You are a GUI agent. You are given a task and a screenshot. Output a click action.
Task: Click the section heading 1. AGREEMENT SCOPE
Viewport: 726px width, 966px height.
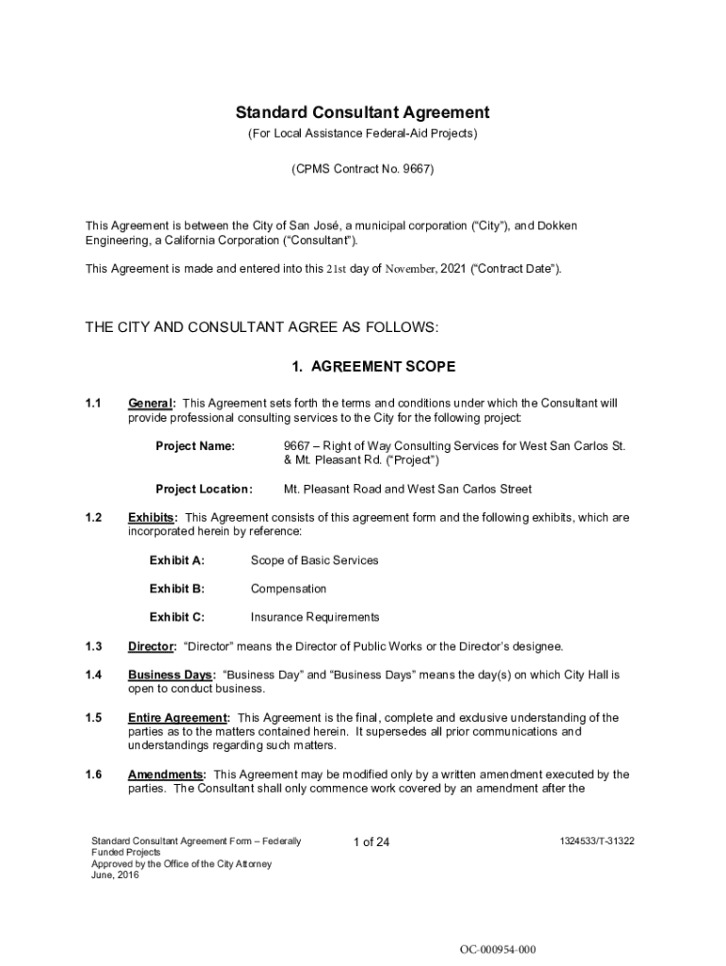[x=363, y=366]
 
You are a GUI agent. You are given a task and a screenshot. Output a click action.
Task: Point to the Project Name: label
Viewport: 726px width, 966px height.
[x=195, y=445]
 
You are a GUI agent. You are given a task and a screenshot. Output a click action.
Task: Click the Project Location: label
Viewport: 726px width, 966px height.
[x=204, y=489]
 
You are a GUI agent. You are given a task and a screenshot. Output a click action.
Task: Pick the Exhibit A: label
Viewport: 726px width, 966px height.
[x=176, y=560]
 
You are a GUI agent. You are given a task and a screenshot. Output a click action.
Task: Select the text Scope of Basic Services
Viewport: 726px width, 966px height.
[x=314, y=560]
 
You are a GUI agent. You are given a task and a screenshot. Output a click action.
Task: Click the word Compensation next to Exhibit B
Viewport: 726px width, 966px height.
[x=289, y=589]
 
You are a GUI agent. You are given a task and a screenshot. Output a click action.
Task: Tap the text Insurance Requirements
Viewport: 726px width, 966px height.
[x=315, y=617]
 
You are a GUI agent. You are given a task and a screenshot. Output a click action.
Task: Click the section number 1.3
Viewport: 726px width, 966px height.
[x=92, y=646]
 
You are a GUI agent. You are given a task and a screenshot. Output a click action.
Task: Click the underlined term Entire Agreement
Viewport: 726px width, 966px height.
[x=177, y=718]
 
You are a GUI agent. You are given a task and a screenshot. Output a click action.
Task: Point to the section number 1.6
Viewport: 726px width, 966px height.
[x=92, y=774]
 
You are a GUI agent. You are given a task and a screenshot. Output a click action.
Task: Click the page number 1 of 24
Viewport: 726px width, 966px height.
[x=371, y=841]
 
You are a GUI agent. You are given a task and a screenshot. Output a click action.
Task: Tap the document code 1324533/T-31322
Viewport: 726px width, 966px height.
[x=596, y=840]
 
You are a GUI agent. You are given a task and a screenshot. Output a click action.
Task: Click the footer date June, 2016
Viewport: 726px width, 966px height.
[x=115, y=875]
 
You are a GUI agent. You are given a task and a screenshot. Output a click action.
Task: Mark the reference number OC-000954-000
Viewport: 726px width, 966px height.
[x=498, y=949]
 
